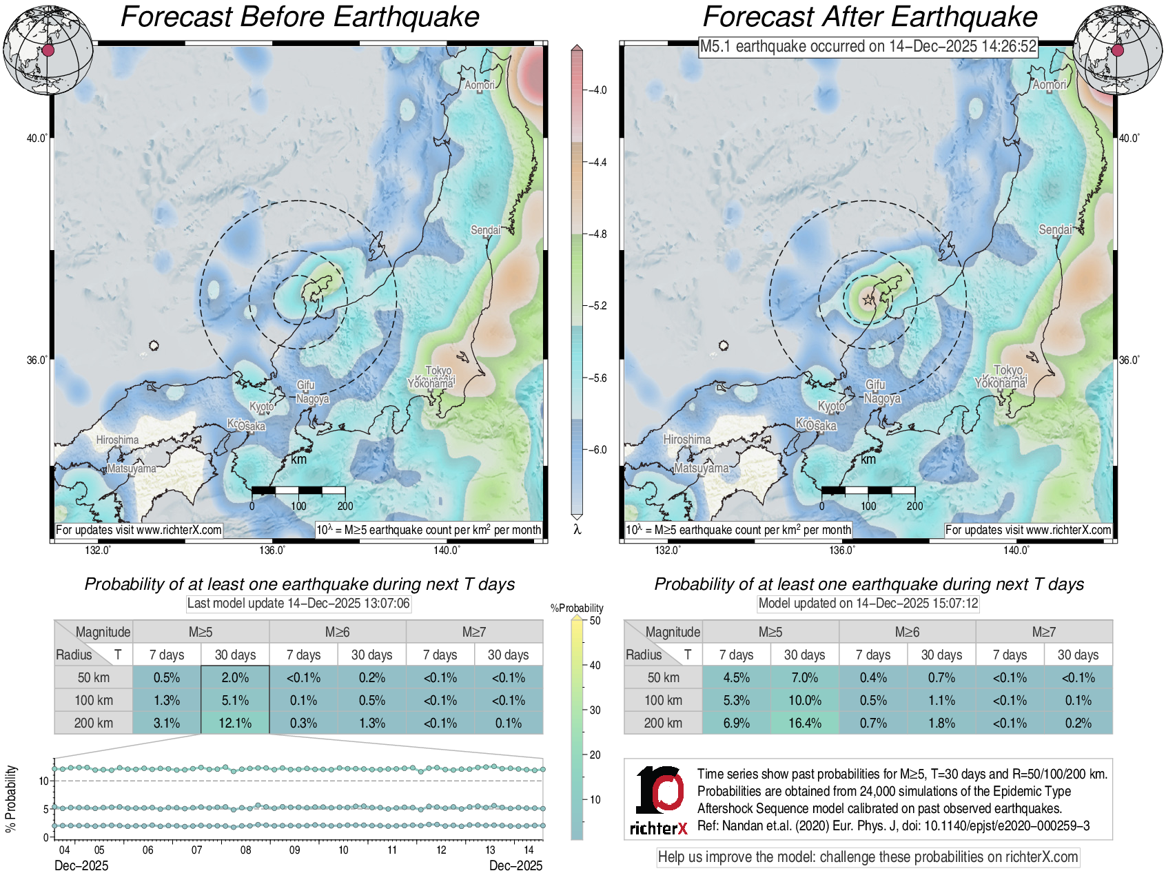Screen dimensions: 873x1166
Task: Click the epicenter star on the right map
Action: pos(868,300)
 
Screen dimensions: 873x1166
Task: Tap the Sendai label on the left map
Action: pos(486,229)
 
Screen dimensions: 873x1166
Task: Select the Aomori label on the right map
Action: pos(1049,84)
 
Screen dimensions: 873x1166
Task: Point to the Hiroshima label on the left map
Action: pos(117,440)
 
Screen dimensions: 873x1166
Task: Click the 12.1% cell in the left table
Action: pos(235,723)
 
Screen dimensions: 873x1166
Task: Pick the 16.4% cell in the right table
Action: pos(804,723)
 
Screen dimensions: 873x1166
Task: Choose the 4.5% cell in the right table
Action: pos(736,677)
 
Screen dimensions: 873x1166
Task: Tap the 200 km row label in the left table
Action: pos(94,723)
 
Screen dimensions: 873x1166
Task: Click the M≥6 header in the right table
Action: pos(907,632)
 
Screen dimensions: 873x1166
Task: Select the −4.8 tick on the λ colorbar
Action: pos(597,234)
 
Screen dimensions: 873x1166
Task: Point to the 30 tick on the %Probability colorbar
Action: pos(595,710)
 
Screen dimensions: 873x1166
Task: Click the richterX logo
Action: pos(659,799)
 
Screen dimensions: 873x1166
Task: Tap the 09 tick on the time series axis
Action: pos(294,850)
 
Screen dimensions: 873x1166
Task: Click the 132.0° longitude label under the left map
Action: pos(98,550)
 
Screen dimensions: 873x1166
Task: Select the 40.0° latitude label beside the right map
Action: pos(1129,138)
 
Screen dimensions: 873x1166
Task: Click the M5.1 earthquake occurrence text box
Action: pos(868,46)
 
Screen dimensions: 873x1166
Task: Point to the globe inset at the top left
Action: pos(48,50)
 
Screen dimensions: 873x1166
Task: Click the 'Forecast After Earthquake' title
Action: pos(870,17)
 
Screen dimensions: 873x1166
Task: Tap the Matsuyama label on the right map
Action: pos(701,468)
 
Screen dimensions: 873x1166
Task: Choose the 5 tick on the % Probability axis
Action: pos(45,809)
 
